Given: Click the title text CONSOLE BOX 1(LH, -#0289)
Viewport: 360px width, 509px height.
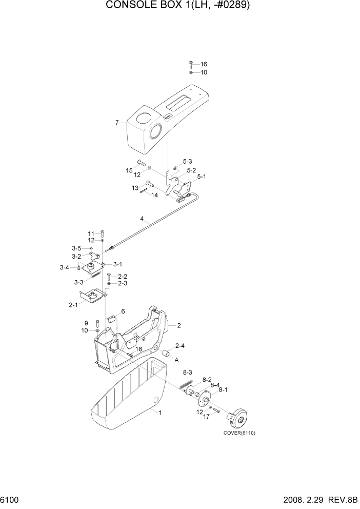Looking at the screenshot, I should (x=179, y=6).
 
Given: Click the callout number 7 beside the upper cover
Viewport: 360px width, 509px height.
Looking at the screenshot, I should (x=117, y=123).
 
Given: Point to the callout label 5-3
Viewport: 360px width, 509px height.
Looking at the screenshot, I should (x=188, y=161).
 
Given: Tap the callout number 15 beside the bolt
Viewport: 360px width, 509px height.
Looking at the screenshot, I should (x=129, y=170).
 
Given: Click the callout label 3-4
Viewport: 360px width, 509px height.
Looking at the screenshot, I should (x=64, y=267).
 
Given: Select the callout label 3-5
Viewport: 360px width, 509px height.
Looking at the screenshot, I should (x=76, y=248).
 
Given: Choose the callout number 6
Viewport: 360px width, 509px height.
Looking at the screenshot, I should (x=123, y=311).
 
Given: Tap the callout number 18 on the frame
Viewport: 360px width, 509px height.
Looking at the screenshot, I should (x=138, y=349).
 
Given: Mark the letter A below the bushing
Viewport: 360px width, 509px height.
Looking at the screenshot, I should (x=177, y=360).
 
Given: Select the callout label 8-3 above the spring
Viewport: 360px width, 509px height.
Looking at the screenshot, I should (x=187, y=372).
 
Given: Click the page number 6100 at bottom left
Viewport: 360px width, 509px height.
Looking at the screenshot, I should (x=10, y=499).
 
